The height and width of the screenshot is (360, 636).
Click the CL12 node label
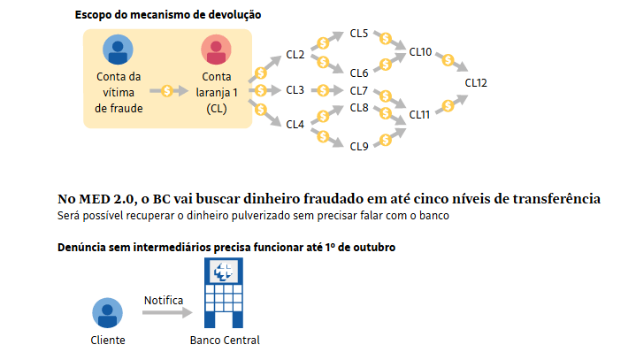tap(476, 82)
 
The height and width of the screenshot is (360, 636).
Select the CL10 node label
tap(420, 52)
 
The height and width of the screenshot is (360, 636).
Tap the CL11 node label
tap(420, 114)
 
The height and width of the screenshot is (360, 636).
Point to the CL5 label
tap(359, 34)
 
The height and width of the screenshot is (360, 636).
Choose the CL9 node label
tap(359, 146)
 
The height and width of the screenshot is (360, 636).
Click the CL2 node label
tap(295, 56)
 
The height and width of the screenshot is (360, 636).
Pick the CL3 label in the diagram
tap(295, 90)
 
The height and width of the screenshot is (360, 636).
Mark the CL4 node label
tap(295, 124)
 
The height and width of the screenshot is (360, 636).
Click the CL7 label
tap(359, 90)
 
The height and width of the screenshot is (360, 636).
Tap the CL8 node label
tap(359, 107)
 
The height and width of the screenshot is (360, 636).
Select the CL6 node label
tap(359, 73)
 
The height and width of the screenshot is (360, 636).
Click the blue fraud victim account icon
tap(119, 50)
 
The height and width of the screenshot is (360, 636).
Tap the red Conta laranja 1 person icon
tap(217, 50)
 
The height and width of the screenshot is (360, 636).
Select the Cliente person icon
tap(108, 312)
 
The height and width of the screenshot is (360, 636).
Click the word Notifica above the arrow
tap(163, 300)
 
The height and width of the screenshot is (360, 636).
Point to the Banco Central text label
tap(225, 341)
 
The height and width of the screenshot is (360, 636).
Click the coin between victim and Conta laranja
tap(167, 90)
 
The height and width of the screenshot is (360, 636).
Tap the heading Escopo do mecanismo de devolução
tap(168, 15)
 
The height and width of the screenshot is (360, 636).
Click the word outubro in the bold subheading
tap(372, 247)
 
